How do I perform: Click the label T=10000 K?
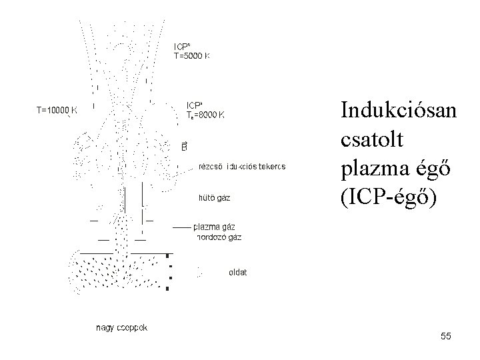coord(56,111)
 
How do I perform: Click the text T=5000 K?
coord(192,57)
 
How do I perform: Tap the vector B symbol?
coord(185,145)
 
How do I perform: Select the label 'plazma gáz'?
coord(214,227)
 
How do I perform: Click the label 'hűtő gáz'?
coord(215,197)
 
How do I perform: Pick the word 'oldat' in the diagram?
coord(237,272)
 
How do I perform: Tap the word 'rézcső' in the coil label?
coord(211,166)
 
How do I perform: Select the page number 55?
coord(445,337)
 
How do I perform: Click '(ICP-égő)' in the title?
coord(389,199)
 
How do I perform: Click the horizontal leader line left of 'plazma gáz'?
coord(182,227)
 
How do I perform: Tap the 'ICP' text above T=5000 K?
coord(183,47)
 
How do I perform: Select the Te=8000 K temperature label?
coord(205,115)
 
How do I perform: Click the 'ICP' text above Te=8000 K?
coord(195,105)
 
